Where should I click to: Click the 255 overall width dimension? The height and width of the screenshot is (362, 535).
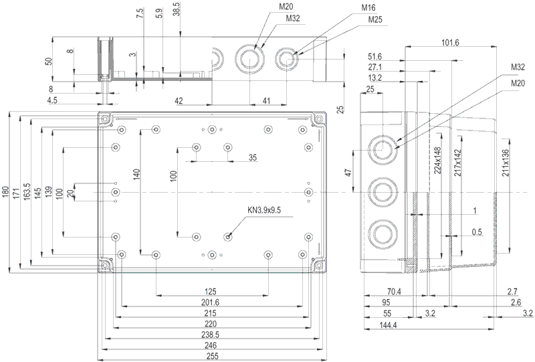(x=212, y=355)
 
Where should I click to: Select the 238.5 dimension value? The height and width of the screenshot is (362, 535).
(x=212, y=335)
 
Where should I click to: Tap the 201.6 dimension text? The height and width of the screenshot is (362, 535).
(x=212, y=302)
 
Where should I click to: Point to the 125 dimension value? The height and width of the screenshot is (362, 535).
(x=212, y=292)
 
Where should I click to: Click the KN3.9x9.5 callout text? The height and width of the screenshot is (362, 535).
(x=265, y=210)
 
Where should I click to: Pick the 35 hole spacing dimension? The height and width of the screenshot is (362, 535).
(x=252, y=158)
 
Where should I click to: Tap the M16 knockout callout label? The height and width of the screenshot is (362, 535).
(x=368, y=7)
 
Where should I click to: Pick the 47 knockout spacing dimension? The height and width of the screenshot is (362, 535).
(x=348, y=172)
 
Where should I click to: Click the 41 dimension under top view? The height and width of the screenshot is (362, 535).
(x=266, y=100)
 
